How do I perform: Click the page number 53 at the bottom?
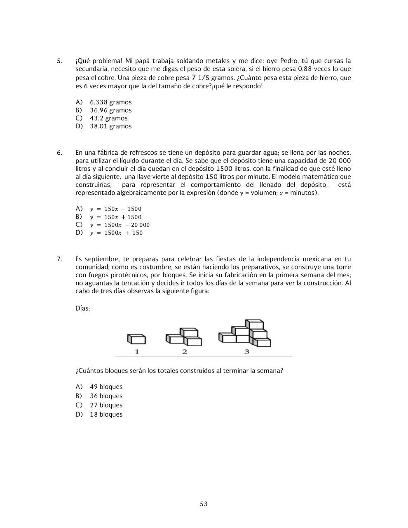(204, 504)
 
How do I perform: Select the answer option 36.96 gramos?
(110, 110)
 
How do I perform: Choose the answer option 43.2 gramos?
(108, 118)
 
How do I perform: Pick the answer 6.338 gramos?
(110, 102)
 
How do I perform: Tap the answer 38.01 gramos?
(110, 126)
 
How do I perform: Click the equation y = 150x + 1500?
(115, 217)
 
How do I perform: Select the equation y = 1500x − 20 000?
(120, 225)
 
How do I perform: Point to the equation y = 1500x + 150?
(116, 233)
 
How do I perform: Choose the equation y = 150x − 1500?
(115, 209)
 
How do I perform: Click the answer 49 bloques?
(106, 387)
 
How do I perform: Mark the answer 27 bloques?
(106, 405)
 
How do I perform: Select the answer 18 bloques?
(106, 415)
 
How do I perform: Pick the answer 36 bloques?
(106, 396)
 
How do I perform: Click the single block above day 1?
(136, 339)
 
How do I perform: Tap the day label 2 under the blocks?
(185, 351)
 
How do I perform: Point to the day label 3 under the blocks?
(246, 351)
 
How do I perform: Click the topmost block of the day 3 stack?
(254, 324)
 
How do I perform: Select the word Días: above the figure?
(82, 308)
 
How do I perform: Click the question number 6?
(59, 153)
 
